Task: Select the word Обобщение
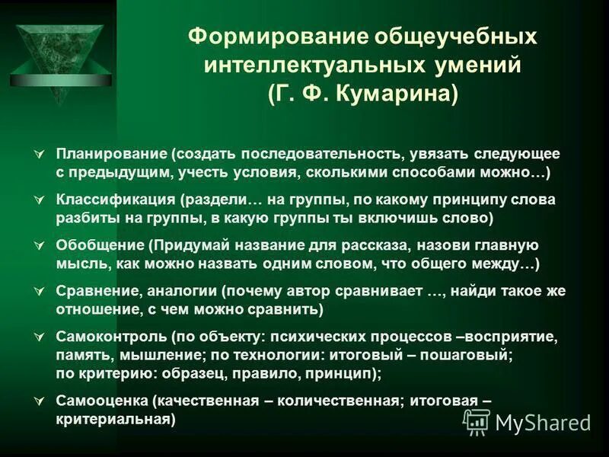100,246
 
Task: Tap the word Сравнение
96,292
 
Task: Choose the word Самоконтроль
112,338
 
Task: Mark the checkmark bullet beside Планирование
40,155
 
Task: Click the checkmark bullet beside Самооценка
40,401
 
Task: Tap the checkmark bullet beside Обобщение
40,247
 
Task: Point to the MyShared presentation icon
477,422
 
